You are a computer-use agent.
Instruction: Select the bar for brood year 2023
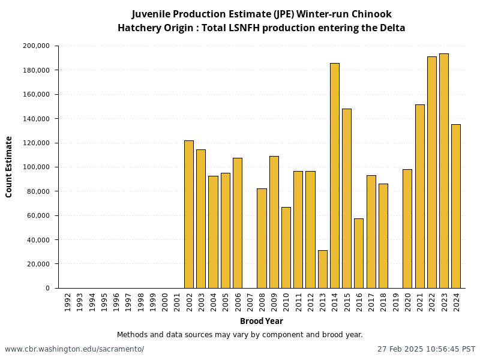(444, 171)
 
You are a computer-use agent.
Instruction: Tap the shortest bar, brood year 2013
(322, 269)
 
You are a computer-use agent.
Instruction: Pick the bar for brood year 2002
(188, 214)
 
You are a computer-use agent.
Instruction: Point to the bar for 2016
(359, 253)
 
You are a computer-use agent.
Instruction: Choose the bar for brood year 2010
(286, 247)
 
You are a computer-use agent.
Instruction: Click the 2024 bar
(456, 206)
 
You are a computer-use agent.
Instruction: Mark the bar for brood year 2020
(407, 229)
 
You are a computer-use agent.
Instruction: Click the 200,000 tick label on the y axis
(36, 46)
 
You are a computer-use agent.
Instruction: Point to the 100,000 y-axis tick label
(36, 167)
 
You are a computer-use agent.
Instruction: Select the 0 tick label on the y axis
(47, 289)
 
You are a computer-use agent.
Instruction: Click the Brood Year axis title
(262, 322)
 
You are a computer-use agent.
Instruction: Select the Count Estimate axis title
(9, 167)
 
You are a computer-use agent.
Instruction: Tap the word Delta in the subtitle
(392, 28)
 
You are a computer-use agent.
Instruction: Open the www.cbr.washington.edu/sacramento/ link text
(74, 349)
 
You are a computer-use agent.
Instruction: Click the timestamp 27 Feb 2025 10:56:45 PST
(426, 349)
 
